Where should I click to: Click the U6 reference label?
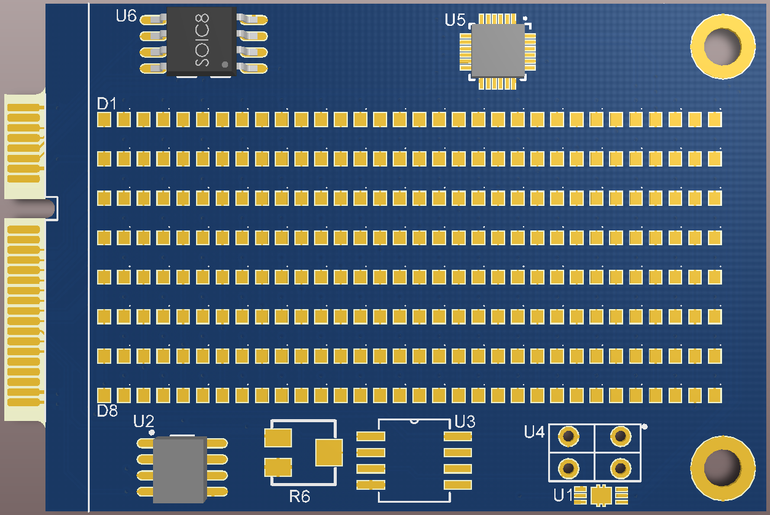coord(126,16)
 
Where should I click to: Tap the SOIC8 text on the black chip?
coord(202,40)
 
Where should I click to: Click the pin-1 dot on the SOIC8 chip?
coord(225,65)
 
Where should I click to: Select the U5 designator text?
coord(455,20)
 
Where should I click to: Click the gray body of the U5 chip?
coord(498,50)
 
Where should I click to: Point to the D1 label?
coord(107,103)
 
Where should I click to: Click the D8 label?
coord(108,411)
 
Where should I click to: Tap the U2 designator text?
coord(144,421)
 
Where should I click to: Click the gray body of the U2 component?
coord(179,470)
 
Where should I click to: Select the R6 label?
coord(299,497)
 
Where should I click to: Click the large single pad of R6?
coord(329,453)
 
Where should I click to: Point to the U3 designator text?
coord(465,422)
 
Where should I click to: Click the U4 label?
coord(534,432)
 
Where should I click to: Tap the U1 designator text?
coord(563,495)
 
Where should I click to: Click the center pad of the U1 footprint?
coord(600,495)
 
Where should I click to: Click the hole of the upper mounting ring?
coord(723,47)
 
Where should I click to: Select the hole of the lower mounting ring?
coord(723,468)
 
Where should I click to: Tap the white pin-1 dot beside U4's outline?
coord(645,427)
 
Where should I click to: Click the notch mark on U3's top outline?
coord(414,422)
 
